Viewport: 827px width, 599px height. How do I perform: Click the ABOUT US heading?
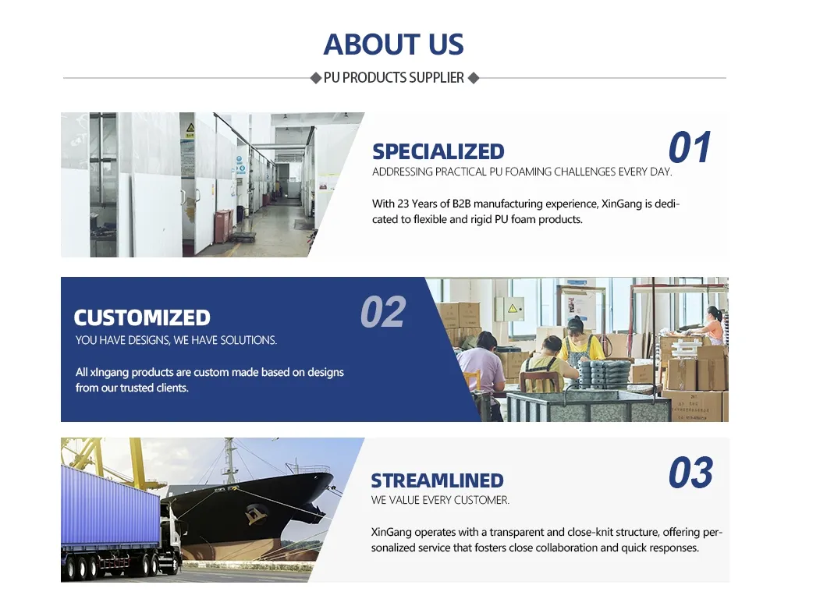[393, 44]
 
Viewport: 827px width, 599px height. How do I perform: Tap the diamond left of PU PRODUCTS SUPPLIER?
[315, 78]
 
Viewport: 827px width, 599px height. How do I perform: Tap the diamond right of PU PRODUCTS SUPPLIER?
[473, 78]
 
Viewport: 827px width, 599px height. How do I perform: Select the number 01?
[690, 147]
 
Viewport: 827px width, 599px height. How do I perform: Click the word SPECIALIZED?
[438, 152]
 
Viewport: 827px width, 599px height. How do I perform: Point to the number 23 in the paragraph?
[403, 204]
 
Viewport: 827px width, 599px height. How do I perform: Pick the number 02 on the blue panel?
[383, 312]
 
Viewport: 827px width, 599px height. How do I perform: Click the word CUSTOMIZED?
[142, 318]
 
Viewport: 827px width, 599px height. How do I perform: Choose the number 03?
[690, 473]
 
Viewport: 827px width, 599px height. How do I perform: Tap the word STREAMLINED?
[437, 481]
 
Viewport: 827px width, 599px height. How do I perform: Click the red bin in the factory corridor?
[223, 226]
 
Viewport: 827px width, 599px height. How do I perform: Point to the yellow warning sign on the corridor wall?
[190, 128]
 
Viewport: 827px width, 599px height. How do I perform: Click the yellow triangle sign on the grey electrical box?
[512, 308]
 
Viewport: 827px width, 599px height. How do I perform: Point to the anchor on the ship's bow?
[255, 513]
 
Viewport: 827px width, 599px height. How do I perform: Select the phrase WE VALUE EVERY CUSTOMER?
[440, 500]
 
